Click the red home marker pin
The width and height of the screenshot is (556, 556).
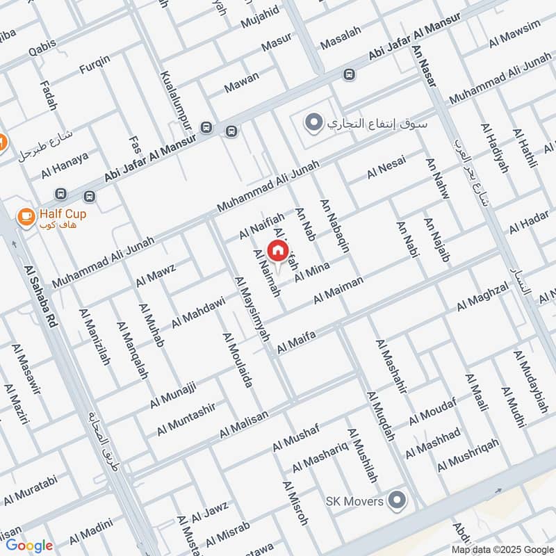coord(278,251)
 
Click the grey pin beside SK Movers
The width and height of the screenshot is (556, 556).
coord(397,499)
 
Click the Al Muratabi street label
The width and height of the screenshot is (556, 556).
coord(28,490)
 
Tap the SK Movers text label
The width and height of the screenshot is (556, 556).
coord(355,501)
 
